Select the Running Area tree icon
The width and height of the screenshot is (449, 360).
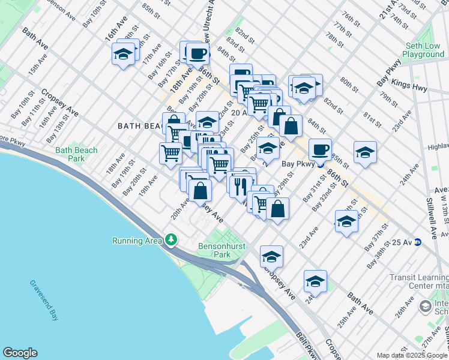172,241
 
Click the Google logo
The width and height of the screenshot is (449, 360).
20,353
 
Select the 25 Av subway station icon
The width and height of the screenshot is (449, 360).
418,242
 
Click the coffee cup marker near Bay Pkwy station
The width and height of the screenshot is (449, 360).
320,149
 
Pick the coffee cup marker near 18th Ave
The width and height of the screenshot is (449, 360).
197,53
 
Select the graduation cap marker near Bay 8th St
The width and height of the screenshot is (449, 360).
123,55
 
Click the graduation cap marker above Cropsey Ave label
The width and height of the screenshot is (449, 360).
271,256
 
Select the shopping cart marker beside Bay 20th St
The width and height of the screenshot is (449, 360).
171,153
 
